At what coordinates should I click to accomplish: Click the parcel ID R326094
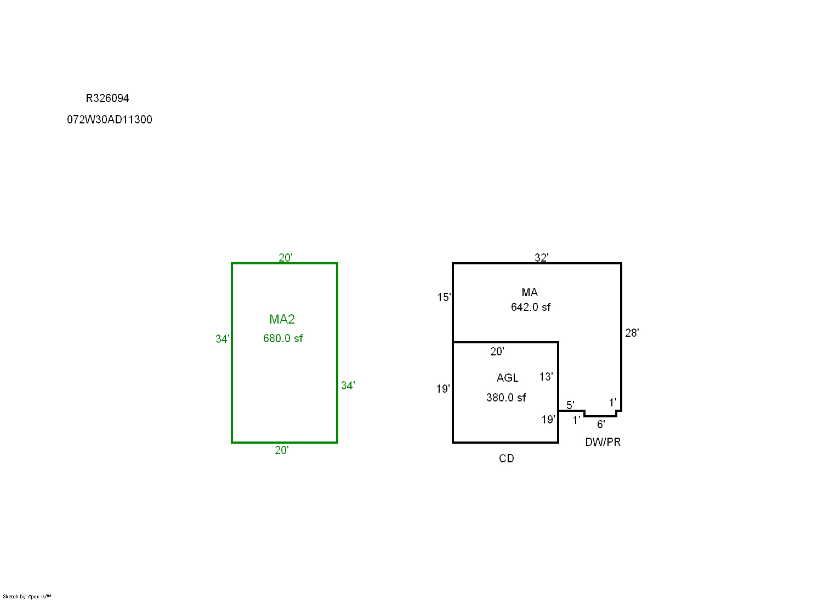point(107,98)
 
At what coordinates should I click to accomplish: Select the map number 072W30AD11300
point(110,120)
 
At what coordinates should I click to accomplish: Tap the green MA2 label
point(282,319)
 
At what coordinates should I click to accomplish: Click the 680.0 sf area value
point(283,338)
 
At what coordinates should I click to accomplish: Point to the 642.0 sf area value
point(531,307)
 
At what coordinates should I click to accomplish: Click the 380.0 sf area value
point(506,398)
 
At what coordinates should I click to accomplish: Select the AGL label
point(508,378)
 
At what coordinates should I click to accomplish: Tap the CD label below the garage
point(507,459)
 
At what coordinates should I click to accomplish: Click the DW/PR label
point(603,442)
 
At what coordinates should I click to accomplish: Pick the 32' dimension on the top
point(542,258)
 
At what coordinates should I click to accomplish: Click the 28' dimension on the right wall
point(632,333)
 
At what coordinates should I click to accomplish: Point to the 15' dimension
point(444,297)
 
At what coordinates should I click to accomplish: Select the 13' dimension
point(546,377)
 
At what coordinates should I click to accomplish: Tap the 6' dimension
point(601,424)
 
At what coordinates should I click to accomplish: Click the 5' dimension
point(570,405)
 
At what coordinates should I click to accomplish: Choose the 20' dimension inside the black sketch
point(497,352)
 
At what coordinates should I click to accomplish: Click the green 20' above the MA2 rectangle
point(286,258)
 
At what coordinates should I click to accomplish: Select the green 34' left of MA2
point(223,339)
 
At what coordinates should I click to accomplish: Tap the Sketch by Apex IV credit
point(27,596)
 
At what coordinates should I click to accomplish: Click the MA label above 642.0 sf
point(530,292)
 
